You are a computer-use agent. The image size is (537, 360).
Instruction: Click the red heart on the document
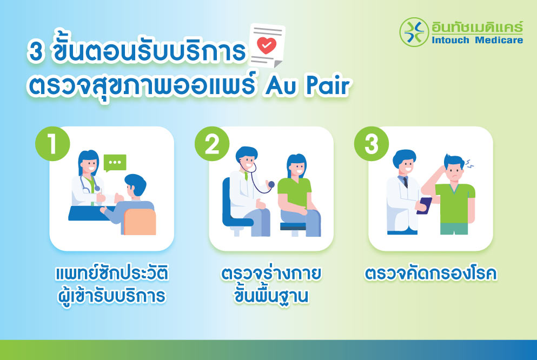pos(265,45)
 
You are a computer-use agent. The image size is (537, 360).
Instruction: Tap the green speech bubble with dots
pos(115,162)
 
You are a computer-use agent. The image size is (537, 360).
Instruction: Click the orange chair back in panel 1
pos(140,222)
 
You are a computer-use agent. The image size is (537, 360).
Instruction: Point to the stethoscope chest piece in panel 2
pos(271,184)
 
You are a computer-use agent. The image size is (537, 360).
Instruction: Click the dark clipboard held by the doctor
pos(425,206)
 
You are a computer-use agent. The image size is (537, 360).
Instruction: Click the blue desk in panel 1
pos(87,214)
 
